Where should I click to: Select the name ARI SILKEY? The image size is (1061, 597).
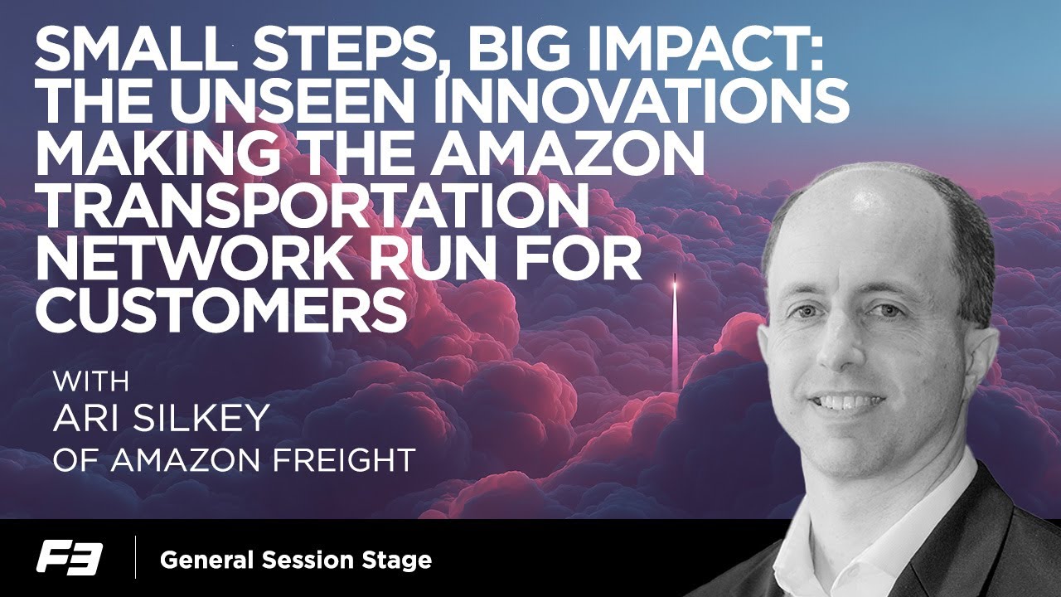click(161, 419)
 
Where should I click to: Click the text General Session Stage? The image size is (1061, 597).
click(296, 560)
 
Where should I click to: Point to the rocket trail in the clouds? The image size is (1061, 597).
click(674, 332)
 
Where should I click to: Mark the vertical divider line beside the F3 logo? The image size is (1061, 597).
click(135, 558)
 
